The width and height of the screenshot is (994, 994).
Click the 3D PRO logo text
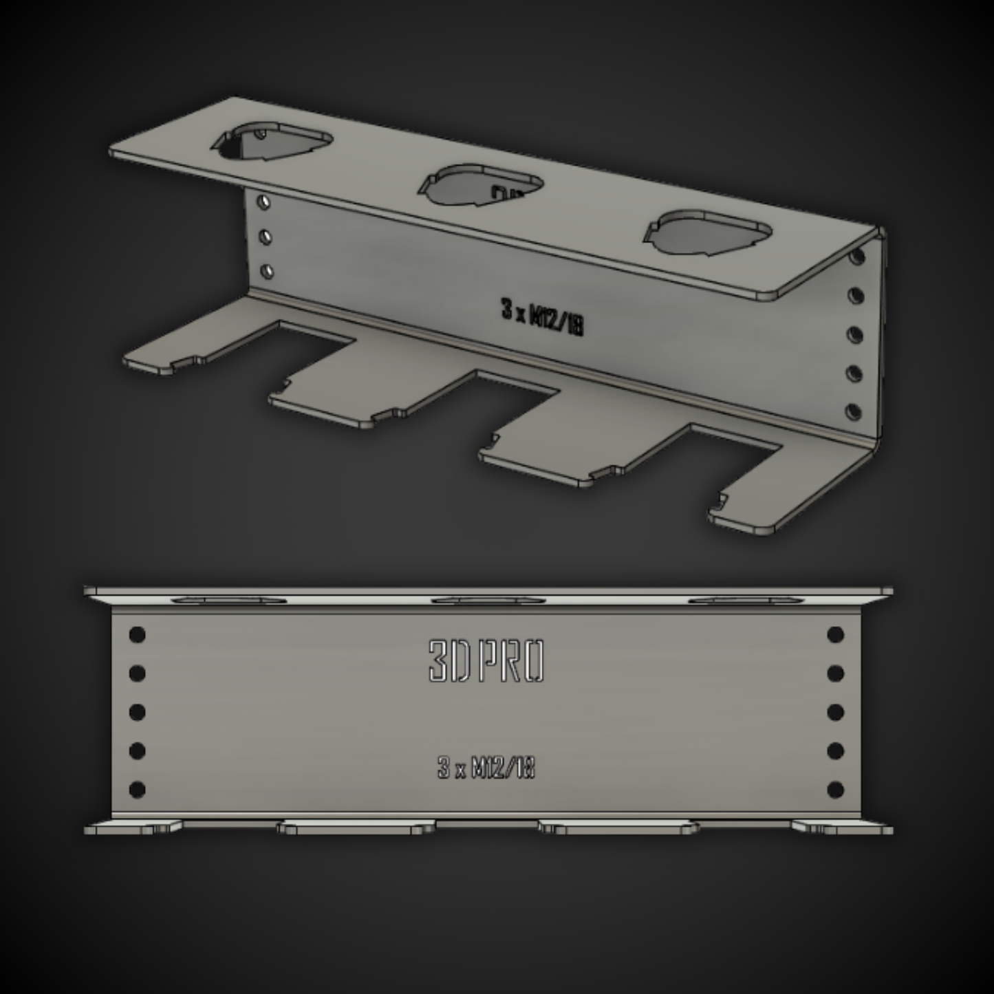click(x=486, y=662)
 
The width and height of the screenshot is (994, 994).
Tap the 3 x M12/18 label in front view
click(x=486, y=768)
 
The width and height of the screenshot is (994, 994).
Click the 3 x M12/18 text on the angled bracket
click(x=542, y=318)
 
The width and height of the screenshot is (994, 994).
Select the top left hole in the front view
click(x=137, y=634)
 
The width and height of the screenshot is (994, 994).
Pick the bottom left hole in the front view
click(x=137, y=789)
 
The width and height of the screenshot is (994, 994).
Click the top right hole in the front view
click(x=835, y=634)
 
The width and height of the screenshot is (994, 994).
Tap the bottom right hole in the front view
click(x=835, y=789)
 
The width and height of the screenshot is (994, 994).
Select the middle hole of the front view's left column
click(x=137, y=712)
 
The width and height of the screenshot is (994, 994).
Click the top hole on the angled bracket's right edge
click(x=856, y=257)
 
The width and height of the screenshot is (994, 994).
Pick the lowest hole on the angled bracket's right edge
click(x=854, y=411)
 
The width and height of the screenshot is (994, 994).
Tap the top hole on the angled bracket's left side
click(x=263, y=202)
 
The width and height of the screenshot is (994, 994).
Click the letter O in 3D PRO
click(x=532, y=662)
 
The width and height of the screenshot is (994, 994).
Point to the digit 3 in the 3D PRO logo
click(x=437, y=662)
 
